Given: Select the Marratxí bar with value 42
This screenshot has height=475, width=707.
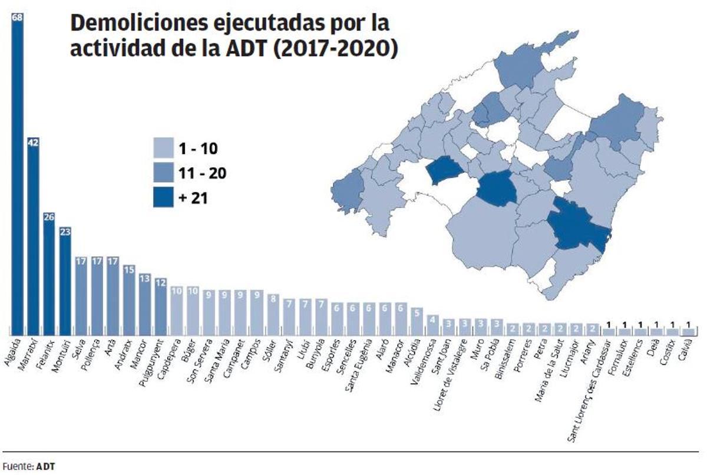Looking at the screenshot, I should click(x=34, y=236).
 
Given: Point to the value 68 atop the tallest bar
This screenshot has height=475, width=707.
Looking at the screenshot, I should click(x=17, y=17).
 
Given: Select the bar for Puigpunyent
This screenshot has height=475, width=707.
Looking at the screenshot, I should click(x=161, y=306).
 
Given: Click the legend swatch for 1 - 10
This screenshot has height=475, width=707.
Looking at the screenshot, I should click(x=163, y=147).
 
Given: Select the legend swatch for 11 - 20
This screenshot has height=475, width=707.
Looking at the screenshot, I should click(x=163, y=173).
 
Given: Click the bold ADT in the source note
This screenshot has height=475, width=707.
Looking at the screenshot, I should click(x=46, y=466).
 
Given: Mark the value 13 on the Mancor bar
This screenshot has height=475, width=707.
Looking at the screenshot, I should click(x=145, y=277).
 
